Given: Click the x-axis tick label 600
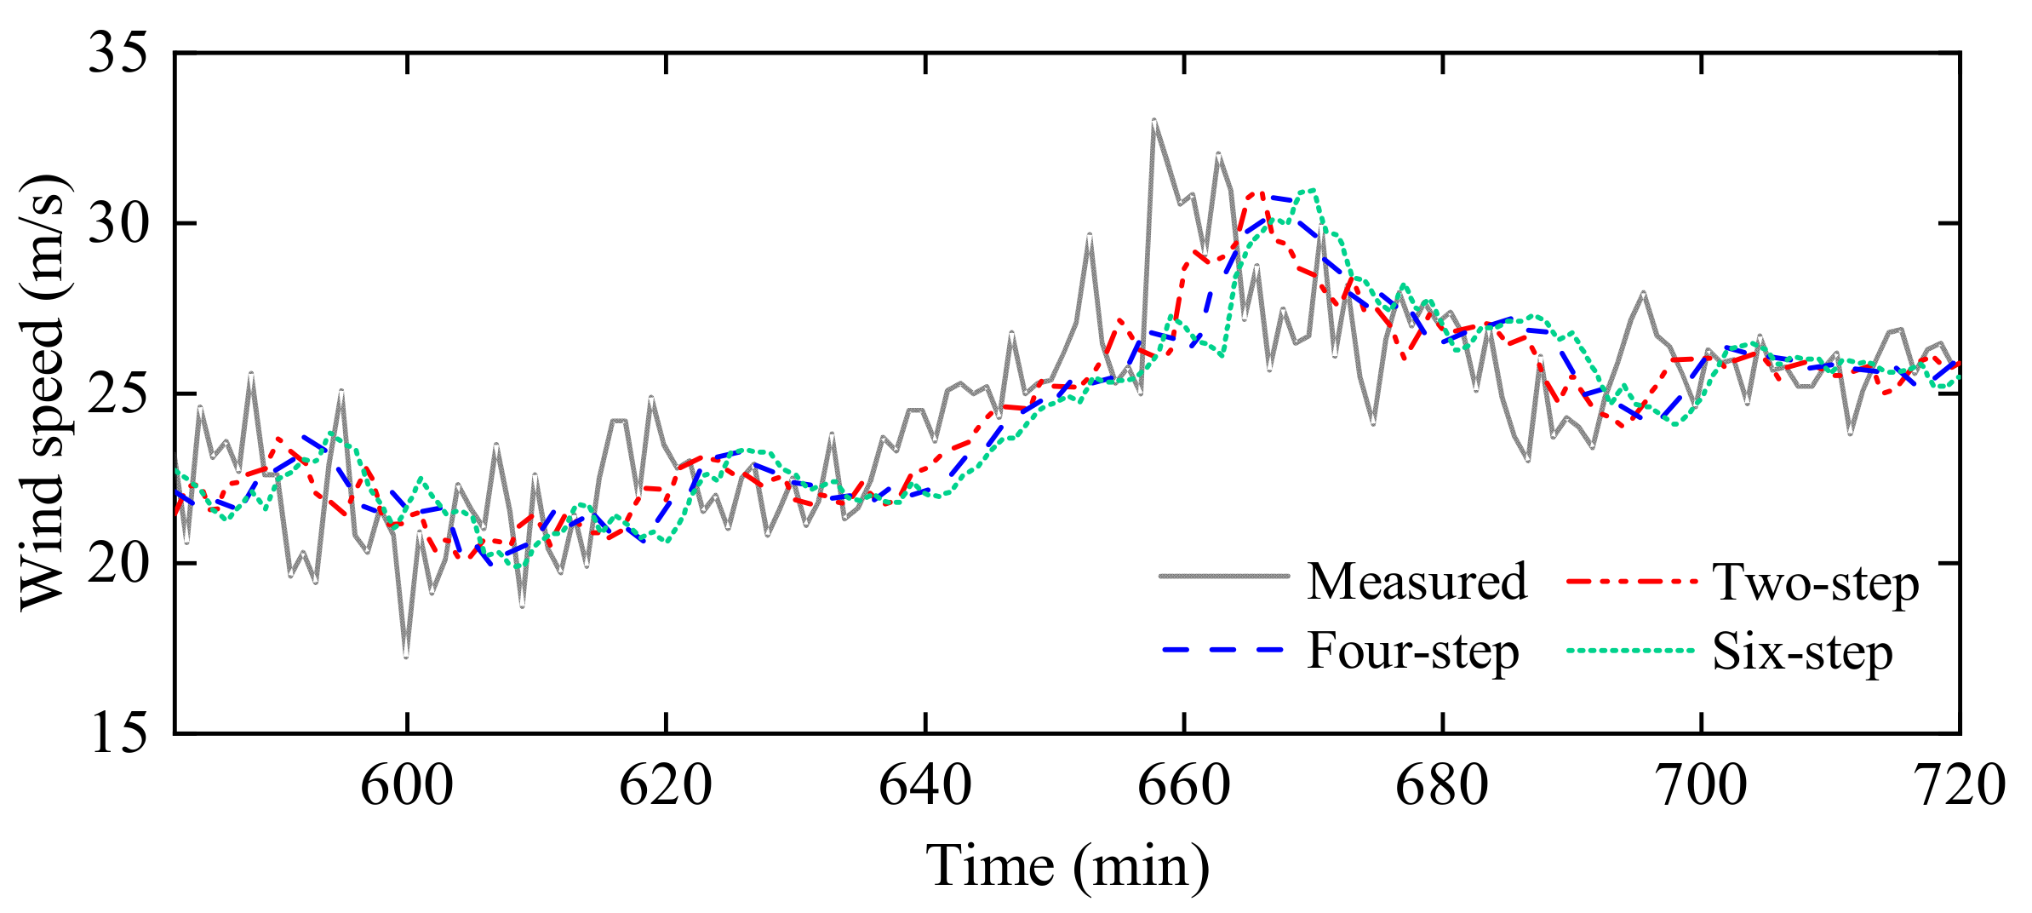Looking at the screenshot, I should [407, 785].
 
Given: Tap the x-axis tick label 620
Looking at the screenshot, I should [666, 785].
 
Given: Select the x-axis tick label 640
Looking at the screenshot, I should [925, 785].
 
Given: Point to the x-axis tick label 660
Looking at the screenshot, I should [1184, 785].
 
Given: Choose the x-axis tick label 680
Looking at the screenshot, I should [1442, 785].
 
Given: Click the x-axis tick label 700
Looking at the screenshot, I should [1701, 785].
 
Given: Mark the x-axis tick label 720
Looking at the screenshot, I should [1960, 785].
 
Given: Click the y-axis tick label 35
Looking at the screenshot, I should [117, 53].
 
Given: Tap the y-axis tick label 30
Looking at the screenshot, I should [117, 223].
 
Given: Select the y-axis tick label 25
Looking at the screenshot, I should [117, 393].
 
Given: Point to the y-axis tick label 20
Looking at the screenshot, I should [117, 564].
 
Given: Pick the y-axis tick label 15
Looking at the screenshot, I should [117, 732].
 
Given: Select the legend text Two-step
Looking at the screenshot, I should [1816, 583].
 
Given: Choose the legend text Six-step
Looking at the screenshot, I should [1803, 653].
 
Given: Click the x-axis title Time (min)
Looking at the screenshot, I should [1068, 867].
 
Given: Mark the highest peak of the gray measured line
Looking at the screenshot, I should [1153, 120].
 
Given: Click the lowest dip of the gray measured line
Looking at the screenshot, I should [406, 657].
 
